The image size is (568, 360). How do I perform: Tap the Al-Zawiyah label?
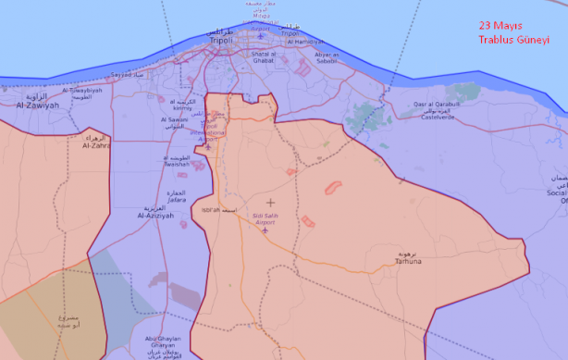[37, 106]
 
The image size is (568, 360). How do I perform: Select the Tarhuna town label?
[408, 261]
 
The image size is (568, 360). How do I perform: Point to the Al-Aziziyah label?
[154, 215]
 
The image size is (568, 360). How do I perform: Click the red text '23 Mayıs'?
[501, 26]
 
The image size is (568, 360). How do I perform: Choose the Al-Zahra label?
[95, 145]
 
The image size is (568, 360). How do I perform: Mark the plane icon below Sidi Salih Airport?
[265, 230]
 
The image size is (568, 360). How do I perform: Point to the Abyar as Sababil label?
[329, 58]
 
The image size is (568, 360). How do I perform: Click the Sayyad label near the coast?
[124, 74]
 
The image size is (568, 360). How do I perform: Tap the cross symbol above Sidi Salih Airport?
[270, 202]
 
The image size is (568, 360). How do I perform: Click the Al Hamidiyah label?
[303, 42]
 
